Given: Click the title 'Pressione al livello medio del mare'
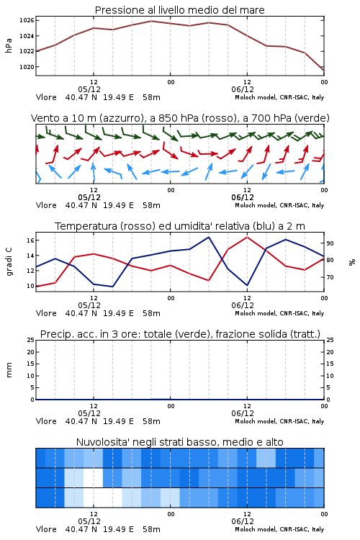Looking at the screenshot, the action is [x=179, y=10].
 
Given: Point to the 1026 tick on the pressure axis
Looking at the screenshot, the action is [x=27, y=20].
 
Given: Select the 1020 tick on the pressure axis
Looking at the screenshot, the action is [x=27, y=67].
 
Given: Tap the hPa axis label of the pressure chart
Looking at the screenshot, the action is [x=9, y=45].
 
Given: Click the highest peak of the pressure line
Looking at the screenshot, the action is [x=151, y=21].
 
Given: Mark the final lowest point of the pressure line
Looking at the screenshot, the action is [x=324, y=71].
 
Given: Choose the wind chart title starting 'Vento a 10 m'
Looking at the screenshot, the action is [x=180, y=118].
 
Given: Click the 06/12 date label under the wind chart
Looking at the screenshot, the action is [x=243, y=198].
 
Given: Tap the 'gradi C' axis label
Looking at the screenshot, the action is [x=9, y=262].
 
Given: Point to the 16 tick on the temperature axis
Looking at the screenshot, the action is [x=30, y=240].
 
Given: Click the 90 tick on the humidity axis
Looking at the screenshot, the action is [x=330, y=243].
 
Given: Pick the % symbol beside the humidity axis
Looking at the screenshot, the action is [x=352, y=262].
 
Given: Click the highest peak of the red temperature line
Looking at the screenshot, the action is [x=248, y=237].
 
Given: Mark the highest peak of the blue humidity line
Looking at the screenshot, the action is [x=209, y=237].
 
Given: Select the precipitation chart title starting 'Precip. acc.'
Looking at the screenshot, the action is [x=180, y=334].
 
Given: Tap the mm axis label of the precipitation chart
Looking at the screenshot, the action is [x=9, y=370].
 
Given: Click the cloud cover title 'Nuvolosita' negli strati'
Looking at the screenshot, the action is [x=179, y=442].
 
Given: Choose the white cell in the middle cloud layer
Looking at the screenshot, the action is [x=94, y=477].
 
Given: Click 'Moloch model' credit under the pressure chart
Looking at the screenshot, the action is [x=256, y=97].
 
